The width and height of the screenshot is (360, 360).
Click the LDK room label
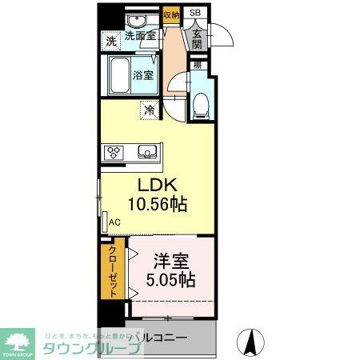(157, 184)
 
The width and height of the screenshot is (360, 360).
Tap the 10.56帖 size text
(157, 204)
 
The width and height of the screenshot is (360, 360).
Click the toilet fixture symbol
(202, 102)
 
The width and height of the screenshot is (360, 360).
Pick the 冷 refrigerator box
(149, 110)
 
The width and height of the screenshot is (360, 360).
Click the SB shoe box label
(194, 13)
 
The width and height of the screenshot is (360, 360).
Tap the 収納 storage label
(170, 14)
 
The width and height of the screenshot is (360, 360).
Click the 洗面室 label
(141, 36)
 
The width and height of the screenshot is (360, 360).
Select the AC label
(114, 222)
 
